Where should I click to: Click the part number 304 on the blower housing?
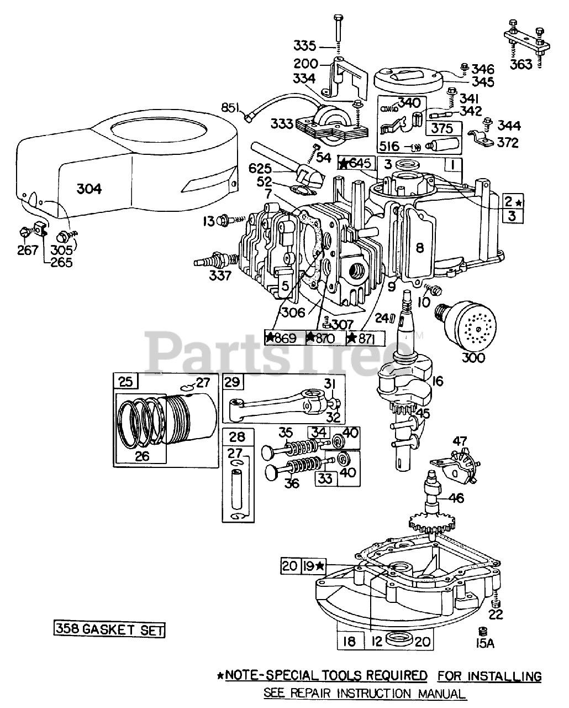click(x=89, y=189)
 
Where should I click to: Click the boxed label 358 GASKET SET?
click(x=109, y=629)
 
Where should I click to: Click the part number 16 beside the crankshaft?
click(x=438, y=381)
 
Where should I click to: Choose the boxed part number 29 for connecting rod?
click(x=233, y=382)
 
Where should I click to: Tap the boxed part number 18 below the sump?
click(x=349, y=642)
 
